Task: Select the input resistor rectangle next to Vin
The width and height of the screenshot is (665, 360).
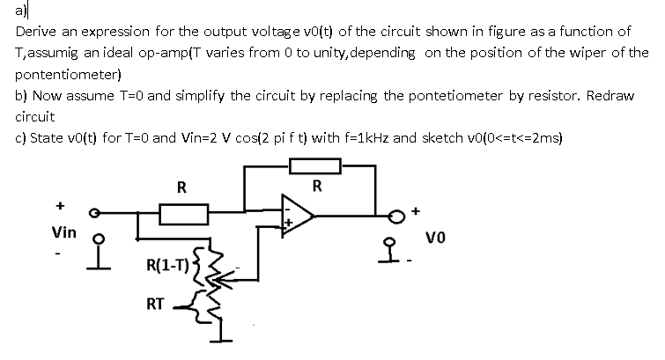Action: click(x=182, y=212)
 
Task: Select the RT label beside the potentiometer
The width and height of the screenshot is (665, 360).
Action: click(x=154, y=305)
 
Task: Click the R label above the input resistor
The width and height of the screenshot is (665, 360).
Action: click(x=181, y=187)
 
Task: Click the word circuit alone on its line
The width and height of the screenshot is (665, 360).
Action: click(x=35, y=116)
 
